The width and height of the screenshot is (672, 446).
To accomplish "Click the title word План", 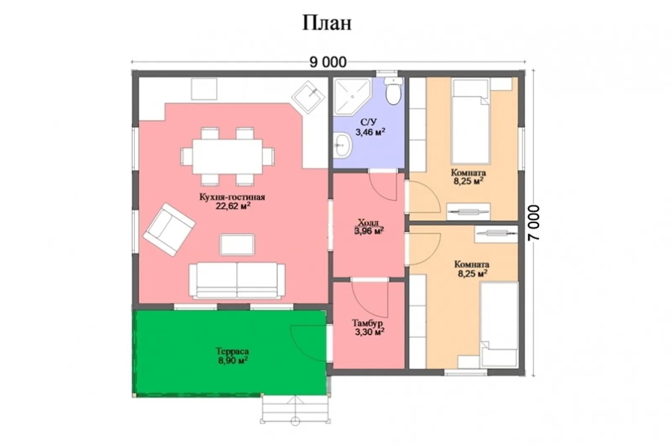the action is click(327, 23).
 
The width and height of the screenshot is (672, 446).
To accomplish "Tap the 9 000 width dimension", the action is click(328, 63).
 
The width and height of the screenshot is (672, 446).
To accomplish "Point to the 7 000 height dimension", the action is click(534, 222).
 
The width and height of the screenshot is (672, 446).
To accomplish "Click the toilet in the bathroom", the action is click(393, 90).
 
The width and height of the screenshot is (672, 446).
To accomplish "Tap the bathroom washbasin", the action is click(342, 145).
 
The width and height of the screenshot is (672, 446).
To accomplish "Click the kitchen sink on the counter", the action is click(308, 97).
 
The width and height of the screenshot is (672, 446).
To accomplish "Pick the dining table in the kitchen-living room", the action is click(227, 156).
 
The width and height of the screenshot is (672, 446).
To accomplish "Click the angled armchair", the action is click(169, 230).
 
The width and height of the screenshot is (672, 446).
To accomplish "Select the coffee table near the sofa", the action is click(237, 245).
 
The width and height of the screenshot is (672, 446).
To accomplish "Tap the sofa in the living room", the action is click(237, 281).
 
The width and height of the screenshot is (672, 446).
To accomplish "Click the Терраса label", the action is click(232, 351).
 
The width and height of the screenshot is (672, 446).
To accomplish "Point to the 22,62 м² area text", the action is click(233, 206).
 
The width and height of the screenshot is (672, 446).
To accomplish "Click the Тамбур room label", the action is click(367, 323).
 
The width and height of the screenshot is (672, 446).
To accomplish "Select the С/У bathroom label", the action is click(368, 122).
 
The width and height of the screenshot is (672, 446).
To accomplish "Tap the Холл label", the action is click(368, 223).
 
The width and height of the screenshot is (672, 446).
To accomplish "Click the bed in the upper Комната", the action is click(471, 121).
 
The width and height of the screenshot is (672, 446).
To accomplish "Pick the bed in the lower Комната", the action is click(499, 325).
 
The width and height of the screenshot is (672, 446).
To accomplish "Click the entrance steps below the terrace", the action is click(295, 410).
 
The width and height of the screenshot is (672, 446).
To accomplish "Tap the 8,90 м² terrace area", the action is click(233, 360).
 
